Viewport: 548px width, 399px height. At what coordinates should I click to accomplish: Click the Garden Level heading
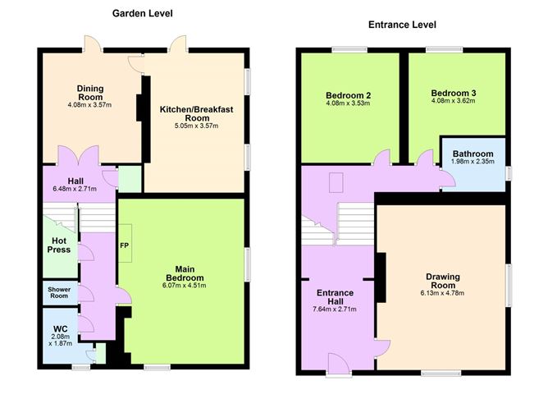[142, 14]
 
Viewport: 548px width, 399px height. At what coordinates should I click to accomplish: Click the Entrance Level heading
[402, 25]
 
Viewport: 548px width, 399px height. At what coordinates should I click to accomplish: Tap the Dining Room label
[90, 93]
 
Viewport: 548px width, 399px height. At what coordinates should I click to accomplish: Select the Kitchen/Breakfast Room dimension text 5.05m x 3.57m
[196, 126]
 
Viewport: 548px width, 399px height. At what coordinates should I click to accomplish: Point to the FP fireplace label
[125, 245]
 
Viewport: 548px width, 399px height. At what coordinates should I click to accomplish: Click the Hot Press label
[59, 245]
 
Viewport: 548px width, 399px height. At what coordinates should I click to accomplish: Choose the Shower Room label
[59, 293]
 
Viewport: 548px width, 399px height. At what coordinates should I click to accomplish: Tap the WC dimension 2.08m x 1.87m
[61, 340]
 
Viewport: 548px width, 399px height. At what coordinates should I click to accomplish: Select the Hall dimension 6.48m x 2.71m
[75, 189]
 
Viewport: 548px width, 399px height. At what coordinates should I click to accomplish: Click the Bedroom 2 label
[349, 95]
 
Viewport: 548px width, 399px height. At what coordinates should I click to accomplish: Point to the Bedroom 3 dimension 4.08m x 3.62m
[454, 101]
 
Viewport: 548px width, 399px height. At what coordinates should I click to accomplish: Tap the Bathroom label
[473, 154]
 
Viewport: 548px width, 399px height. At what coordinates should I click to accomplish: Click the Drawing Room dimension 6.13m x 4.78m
[442, 293]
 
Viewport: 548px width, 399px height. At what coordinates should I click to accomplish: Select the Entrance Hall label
[335, 297]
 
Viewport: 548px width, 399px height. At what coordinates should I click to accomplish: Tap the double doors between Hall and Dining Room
[79, 156]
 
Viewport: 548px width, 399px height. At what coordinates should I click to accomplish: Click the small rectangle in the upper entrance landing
[336, 182]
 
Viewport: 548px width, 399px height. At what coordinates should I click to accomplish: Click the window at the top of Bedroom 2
[349, 50]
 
